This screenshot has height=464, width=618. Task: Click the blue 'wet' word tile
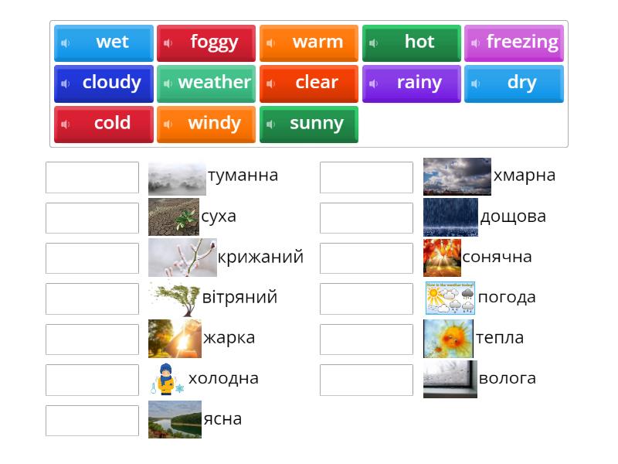pos(104,43)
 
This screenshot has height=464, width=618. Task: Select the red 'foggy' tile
pos(205,43)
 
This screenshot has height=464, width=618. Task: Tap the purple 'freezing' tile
pos(514,43)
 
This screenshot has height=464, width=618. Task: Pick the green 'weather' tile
pos(205,83)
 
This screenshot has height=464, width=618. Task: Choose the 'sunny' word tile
pos(308,124)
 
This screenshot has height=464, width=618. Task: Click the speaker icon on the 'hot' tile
pos(373,43)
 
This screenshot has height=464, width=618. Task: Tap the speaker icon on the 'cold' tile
pos(65,124)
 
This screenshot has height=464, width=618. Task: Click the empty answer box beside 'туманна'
pos(92,177)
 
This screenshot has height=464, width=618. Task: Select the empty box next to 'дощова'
pos(366,218)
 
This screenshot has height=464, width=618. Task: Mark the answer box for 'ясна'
pos(92,421)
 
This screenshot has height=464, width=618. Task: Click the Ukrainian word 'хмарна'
pos(524,176)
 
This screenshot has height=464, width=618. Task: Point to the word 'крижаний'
pos(260,258)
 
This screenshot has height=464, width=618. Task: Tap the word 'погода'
pos(506,298)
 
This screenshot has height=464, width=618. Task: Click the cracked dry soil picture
pos(173,217)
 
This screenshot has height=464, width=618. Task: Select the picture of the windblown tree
pos(174,299)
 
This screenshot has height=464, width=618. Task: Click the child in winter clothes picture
pos(166,379)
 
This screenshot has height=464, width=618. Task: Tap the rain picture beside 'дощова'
pos(450,217)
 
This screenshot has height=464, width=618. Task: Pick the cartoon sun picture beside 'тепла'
pos(448,339)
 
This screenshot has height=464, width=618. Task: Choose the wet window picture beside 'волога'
pos(450,379)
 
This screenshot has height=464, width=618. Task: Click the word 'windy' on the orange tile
pos(214,124)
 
